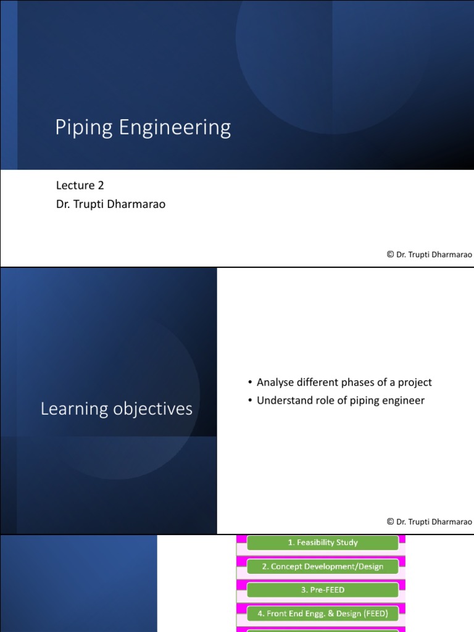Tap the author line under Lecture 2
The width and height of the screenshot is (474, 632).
point(110,204)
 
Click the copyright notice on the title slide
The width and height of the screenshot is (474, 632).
point(429,254)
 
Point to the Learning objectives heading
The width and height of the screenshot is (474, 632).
point(117,409)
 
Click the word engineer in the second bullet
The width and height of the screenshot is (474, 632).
point(404,401)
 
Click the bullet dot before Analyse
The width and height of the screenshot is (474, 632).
point(249,383)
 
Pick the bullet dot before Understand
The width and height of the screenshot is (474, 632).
point(249,401)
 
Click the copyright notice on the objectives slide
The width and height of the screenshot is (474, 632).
point(429,522)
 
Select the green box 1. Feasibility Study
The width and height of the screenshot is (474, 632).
point(323,543)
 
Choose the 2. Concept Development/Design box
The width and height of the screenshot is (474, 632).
point(323,567)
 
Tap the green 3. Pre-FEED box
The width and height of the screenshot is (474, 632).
point(323,590)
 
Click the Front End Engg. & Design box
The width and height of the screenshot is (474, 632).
point(323,613)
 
